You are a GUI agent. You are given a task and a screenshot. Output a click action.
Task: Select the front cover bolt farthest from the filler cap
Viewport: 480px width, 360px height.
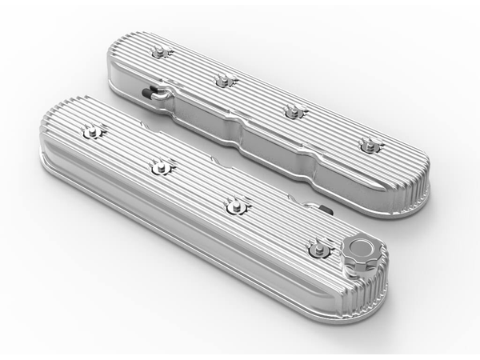point(94,131)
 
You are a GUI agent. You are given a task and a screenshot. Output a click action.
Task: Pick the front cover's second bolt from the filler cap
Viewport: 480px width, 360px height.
point(237,206)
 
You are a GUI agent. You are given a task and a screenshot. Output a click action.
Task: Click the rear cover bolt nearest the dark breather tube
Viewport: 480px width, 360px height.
point(162,53)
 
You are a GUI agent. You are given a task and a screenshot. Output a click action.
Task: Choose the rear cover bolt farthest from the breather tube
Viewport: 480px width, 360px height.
point(369,145)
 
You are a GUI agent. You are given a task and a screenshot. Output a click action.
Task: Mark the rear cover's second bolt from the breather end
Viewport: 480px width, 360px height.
point(225,80)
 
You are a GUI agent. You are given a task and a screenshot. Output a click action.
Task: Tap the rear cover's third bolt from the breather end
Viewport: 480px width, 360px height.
point(294,110)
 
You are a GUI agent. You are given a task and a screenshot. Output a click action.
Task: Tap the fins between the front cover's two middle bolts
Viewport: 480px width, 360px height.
point(200,186)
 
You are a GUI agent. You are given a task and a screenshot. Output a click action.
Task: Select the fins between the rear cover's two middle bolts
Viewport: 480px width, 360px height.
point(259,95)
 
